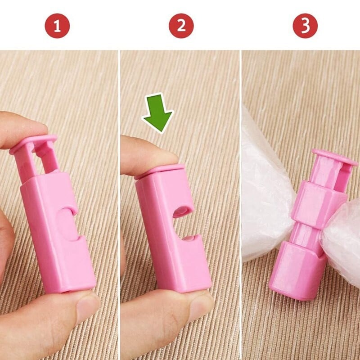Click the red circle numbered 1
57,26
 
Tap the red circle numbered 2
181,26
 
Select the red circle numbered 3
305,26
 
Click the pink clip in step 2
173,229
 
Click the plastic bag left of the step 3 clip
265,189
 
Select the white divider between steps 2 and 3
241,202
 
